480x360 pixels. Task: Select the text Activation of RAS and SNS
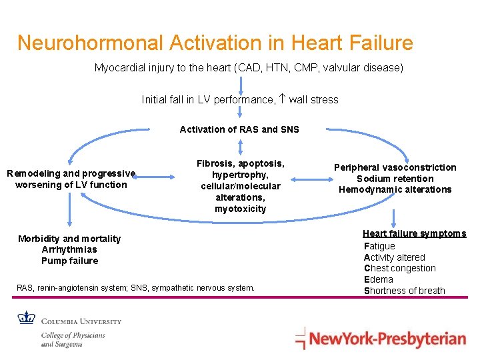[239, 129]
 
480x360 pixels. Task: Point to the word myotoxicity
[240, 209]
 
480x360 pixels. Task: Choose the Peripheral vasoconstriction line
[395, 167]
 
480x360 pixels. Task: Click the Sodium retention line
[395, 179]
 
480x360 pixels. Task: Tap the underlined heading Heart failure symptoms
[414, 233]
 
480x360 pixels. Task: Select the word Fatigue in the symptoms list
[379, 246]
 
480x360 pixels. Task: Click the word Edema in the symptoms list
[378, 279]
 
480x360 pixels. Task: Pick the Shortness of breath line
[404, 290]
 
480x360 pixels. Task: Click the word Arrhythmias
[69, 249]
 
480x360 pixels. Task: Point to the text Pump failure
[69, 261]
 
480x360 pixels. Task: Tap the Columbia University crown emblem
[27, 317]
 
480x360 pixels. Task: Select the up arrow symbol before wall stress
[282, 100]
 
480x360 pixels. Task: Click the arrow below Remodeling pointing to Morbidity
[69, 213]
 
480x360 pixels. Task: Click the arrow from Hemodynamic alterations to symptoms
[395, 212]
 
